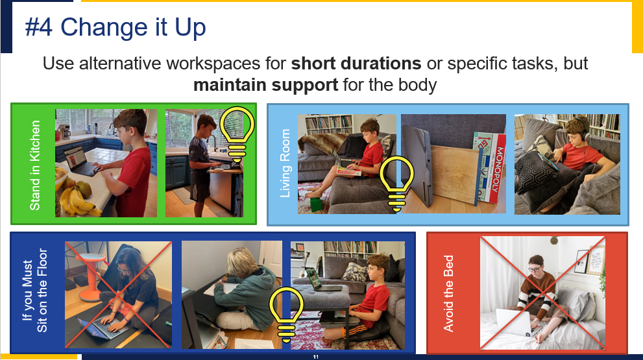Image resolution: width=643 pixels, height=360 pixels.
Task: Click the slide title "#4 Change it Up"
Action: (115, 28)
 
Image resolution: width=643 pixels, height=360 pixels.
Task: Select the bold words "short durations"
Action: (356, 64)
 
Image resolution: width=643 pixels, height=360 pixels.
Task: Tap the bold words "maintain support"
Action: (265, 85)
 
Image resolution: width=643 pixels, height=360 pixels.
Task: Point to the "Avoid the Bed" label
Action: (448, 293)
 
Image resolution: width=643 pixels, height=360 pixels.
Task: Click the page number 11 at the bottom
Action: (315, 357)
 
